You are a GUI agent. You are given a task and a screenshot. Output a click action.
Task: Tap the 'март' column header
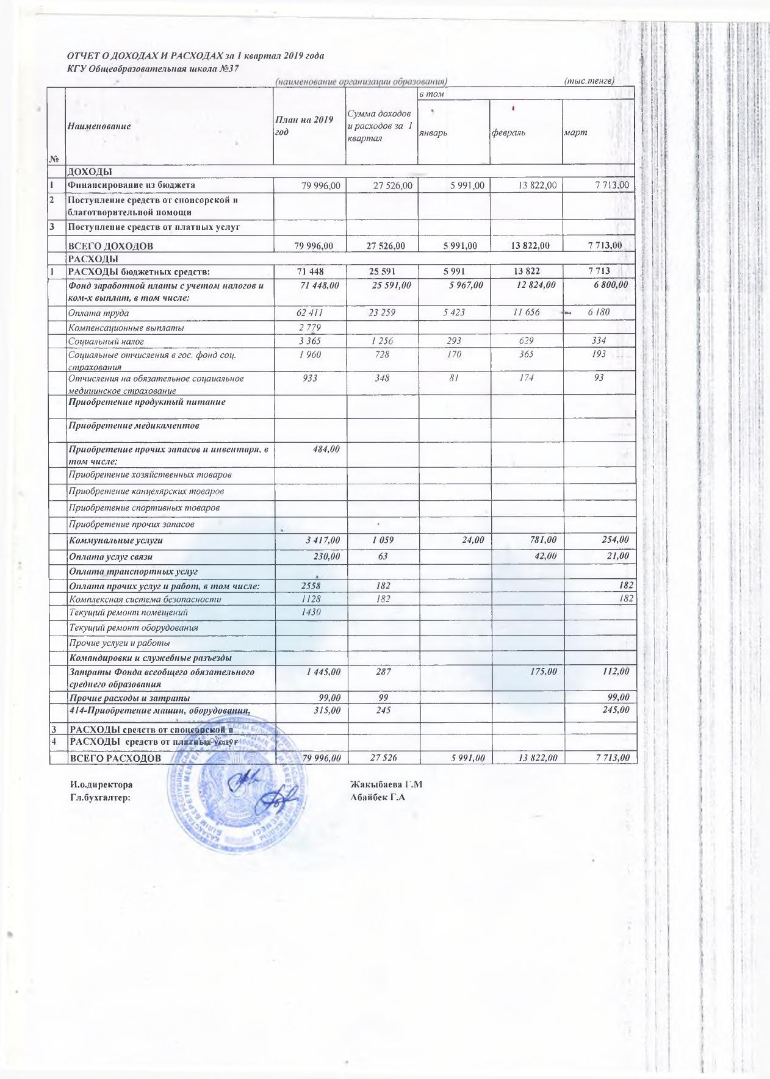(x=575, y=132)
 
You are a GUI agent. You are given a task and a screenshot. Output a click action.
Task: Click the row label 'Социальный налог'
(x=106, y=342)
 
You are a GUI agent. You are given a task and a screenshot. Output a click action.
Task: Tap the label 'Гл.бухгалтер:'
(x=101, y=797)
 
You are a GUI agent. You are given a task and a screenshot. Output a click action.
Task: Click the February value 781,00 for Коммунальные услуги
(x=543, y=540)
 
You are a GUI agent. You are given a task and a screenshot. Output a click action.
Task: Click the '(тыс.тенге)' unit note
(x=589, y=81)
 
